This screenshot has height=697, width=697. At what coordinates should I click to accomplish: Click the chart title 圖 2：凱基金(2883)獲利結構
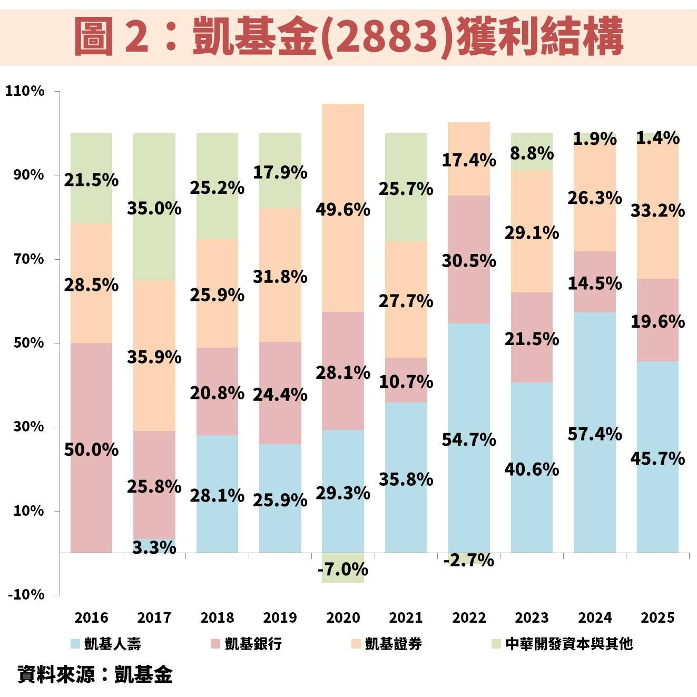point(348,36)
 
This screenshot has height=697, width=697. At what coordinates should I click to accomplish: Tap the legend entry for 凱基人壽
point(106,643)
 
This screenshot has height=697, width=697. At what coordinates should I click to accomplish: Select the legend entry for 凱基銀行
point(247,643)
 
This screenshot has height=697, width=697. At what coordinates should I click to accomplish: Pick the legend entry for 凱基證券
point(387,643)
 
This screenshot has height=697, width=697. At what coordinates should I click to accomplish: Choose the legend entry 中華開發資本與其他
point(562,643)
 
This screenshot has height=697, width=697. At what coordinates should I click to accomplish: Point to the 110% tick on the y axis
point(25,91)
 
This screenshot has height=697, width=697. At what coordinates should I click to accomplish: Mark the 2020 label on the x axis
point(343,617)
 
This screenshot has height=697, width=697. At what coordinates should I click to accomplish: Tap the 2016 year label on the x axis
point(91,617)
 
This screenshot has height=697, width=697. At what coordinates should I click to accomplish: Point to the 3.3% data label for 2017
point(154,547)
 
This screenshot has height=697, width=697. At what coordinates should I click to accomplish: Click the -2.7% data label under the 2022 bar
point(469,560)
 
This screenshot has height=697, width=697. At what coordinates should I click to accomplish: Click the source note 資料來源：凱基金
point(95,674)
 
